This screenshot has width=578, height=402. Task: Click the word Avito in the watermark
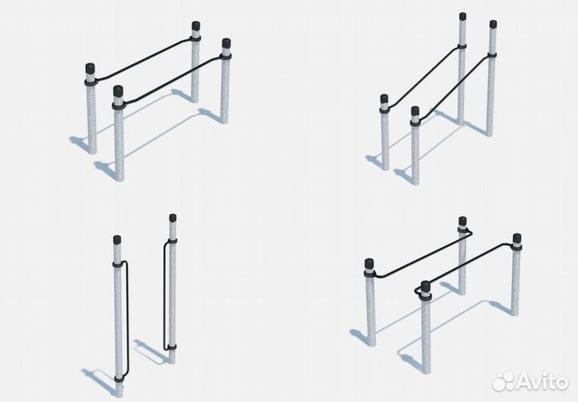[x=543, y=380]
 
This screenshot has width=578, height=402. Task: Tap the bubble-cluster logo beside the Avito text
[x=503, y=381]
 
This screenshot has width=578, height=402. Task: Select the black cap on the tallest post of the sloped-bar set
[x=462, y=16]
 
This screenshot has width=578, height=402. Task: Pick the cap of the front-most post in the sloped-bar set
[x=415, y=110]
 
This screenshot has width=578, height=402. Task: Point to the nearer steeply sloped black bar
[x=456, y=86]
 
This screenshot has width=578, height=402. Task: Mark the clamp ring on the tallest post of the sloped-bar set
[x=462, y=47]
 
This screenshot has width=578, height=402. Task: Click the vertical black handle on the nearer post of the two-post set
[x=127, y=319]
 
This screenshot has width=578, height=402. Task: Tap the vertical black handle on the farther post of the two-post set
[x=165, y=294]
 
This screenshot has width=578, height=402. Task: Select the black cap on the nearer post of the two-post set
[x=117, y=240]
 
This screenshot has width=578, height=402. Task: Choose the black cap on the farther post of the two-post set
[x=173, y=217]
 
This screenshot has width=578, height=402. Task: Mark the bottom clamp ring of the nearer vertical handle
[x=119, y=379]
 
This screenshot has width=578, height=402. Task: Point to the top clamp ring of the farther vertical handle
[x=172, y=241]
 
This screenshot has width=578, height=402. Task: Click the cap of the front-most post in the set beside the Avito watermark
[x=425, y=285]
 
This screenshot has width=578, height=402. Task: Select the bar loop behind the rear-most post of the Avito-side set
[x=465, y=232]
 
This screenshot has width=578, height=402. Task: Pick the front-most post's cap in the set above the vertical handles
[x=118, y=91]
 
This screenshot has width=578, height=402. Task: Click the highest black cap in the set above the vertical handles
[x=196, y=26]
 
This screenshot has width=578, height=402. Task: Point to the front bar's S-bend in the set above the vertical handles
[x=132, y=100]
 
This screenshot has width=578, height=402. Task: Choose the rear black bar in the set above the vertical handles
[x=144, y=59]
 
